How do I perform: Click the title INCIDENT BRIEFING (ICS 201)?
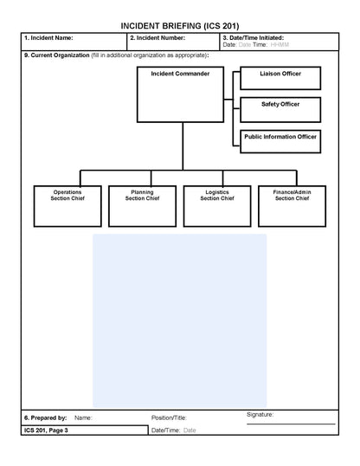180,26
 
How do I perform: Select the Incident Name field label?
48,38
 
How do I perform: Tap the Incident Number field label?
157,38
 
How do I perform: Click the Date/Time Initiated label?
253,38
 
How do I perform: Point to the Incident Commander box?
181,94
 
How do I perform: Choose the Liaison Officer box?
280,79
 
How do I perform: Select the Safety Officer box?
280,109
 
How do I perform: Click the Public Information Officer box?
280,141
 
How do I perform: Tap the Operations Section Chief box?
67,205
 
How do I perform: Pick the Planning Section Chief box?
142,205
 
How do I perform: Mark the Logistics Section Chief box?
217,205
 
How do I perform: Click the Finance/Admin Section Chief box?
292,205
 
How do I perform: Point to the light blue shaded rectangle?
180,320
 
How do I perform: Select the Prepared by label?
45,417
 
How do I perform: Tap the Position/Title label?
169,417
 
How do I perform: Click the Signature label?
260,415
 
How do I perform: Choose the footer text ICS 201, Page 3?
46,430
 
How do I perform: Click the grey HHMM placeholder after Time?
279,44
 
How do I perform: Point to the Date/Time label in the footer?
165,430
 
